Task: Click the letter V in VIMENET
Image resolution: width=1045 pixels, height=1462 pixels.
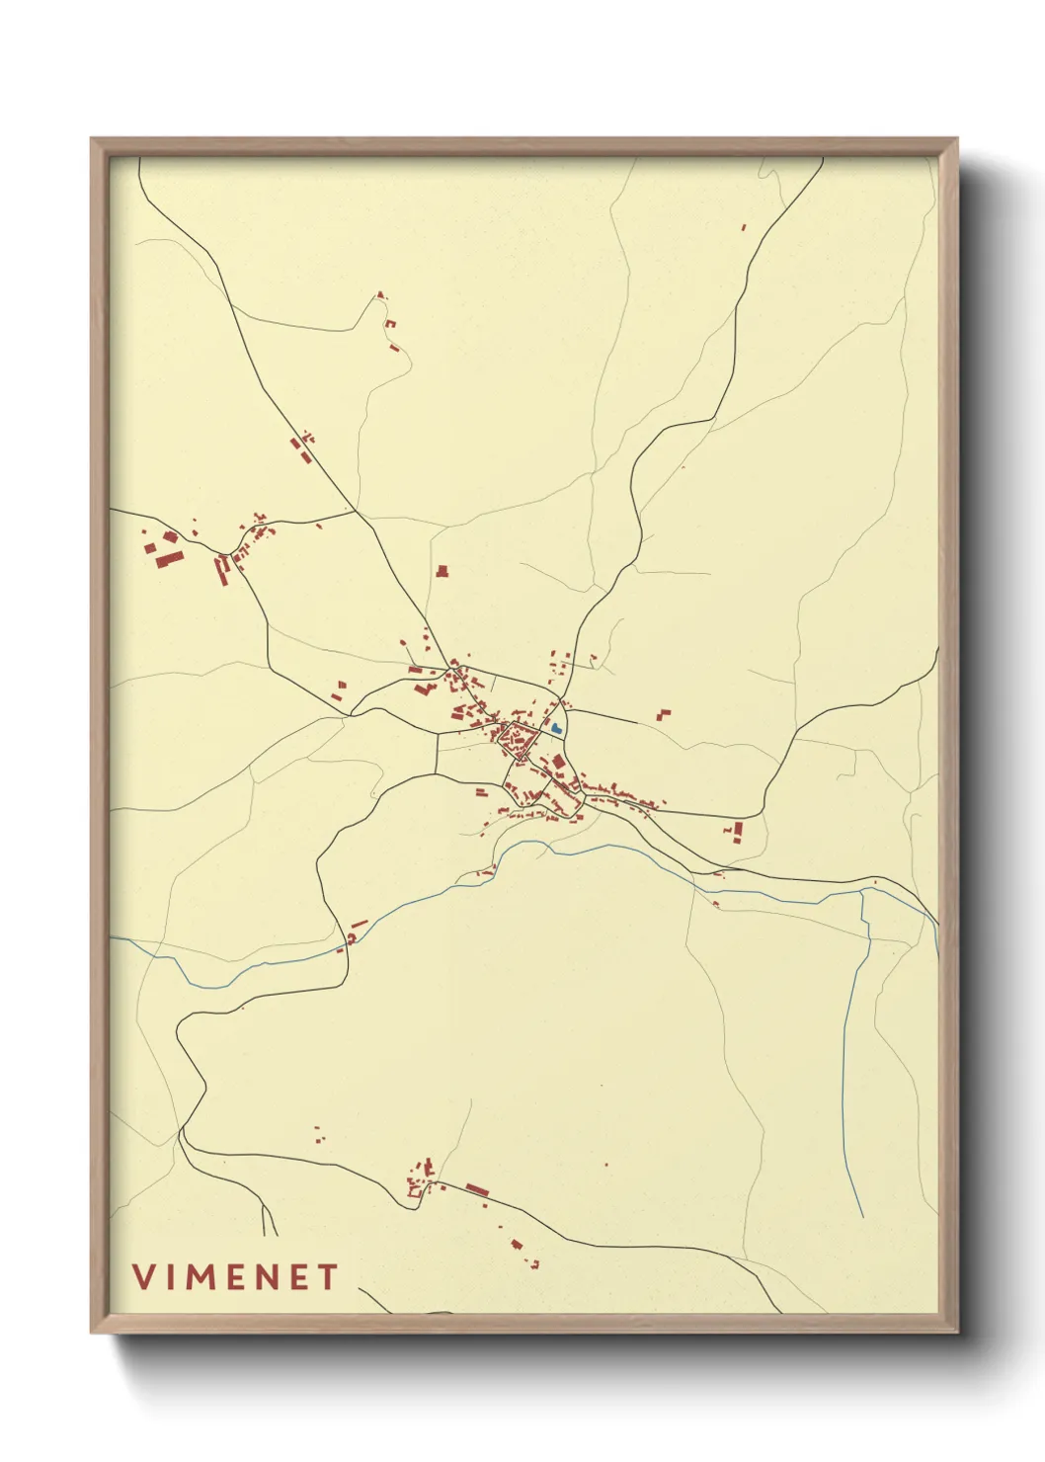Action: pos(143,1277)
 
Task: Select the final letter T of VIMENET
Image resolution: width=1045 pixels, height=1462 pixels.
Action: pos(328,1277)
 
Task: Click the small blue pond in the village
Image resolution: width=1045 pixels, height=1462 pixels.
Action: pos(557,728)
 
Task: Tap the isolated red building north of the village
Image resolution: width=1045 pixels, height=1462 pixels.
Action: pos(442,570)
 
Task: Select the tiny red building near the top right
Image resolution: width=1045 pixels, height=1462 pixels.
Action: pos(744,227)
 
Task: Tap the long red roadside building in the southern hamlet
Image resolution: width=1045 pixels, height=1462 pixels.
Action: pos(478,1188)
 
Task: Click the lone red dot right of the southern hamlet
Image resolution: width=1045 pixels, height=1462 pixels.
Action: pos(605,1167)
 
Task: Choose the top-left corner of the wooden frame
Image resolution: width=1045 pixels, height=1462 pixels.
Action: pos(92,139)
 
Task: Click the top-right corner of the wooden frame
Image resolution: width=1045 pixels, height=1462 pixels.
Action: pos(957,139)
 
